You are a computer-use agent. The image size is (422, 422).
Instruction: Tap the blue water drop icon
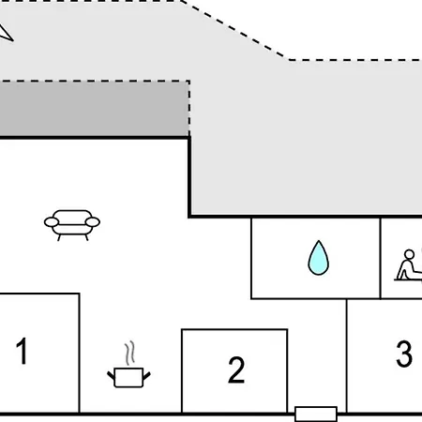coord(318,258)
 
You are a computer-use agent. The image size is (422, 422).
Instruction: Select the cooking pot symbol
coord(128,377)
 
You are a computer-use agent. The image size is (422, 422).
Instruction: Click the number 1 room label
coord(22,351)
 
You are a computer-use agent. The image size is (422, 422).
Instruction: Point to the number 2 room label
coord(236,369)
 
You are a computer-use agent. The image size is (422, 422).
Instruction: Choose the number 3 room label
coord(404,354)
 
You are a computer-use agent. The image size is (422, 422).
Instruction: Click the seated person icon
coord(408,265)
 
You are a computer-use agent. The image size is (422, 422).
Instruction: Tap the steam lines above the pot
coord(130,354)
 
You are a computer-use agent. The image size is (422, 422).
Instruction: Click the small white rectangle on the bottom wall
coord(316,414)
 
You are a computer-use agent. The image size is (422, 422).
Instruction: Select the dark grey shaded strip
coord(95,110)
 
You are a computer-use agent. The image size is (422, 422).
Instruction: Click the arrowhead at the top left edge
coord(6,33)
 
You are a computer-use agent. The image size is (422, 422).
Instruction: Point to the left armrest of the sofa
coord(52,222)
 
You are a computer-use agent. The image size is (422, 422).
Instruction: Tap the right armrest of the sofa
coord(93,222)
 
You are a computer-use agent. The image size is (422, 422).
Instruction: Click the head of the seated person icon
coord(409,254)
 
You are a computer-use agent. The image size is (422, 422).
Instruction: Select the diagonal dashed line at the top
coord(235,30)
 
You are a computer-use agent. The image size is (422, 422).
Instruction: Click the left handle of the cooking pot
coord(111,375)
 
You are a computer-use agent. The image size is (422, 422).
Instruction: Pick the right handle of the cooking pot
coord(146,375)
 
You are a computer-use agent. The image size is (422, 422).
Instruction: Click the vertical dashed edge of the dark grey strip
coord(189,109)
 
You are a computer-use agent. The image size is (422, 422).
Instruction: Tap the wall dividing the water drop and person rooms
coord(380,258)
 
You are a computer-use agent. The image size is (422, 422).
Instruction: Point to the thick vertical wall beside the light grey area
coord(189,176)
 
